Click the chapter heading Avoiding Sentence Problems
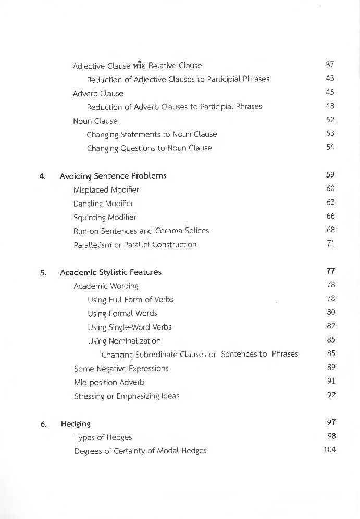[x=113, y=176]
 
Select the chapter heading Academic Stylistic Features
[x=110, y=272]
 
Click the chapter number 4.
[x=43, y=176]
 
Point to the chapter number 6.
[x=44, y=424]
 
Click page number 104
[x=329, y=449]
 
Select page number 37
[x=330, y=65]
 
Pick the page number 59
[x=330, y=175]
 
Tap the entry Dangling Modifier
[x=103, y=204]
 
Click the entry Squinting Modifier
[x=105, y=217]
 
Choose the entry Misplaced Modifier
[x=106, y=190]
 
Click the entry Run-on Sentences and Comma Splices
[x=141, y=231]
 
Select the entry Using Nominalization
[x=124, y=341]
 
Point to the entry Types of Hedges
[x=103, y=437]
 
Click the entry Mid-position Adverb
[x=109, y=382]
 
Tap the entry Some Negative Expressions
[x=121, y=369]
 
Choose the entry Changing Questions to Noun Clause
[x=149, y=148]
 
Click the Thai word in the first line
[x=139, y=66]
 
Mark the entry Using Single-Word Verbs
[x=129, y=327]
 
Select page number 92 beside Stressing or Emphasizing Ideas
[x=331, y=395]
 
